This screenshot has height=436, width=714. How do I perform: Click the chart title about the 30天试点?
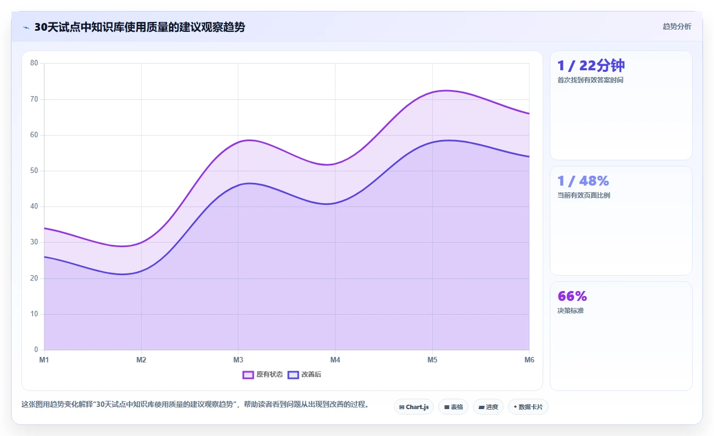click(x=140, y=27)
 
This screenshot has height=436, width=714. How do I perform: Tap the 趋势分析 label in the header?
click(x=677, y=26)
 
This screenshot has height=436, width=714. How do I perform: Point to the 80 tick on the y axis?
click(x=34, y=63)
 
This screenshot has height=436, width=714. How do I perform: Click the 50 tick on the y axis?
click(x=34, y=171)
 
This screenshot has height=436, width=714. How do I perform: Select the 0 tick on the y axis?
click(x=36, y=349)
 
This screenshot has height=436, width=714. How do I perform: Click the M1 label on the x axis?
click(x=44, y=360)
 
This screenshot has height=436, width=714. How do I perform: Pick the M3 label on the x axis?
click(x=238, y=360)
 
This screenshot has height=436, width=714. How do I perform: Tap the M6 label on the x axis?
click(x=529, y=360)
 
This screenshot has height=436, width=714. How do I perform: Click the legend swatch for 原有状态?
click(x=248, y=374)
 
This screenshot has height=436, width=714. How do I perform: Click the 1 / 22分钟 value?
click(x=591, y=66)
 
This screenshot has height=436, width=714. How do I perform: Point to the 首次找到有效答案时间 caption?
click(x=590, y=80)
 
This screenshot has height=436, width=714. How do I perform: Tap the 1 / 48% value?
click(x=583, y=181)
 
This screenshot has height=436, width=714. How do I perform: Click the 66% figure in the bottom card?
click(x=572, y=296)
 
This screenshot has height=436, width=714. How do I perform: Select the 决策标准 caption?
click(x=571, y=310)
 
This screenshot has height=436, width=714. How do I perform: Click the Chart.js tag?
click(x=414, y=407)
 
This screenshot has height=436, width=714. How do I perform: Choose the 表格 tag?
click(x=453, y=407)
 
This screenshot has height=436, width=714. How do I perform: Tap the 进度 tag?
click(x=488, y=407)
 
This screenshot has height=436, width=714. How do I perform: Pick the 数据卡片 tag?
click(x=528, y=407)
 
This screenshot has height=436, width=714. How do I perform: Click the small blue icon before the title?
click(x=26, y=27)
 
